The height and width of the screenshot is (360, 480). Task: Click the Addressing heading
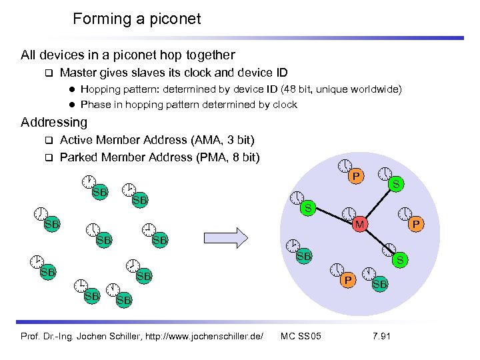(54, 122)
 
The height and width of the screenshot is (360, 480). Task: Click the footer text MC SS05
(301, 335)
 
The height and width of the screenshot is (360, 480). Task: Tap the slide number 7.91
(381, 335)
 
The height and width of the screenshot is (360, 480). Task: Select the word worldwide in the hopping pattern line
(374, 89)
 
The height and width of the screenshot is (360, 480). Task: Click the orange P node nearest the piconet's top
(357, 177)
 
